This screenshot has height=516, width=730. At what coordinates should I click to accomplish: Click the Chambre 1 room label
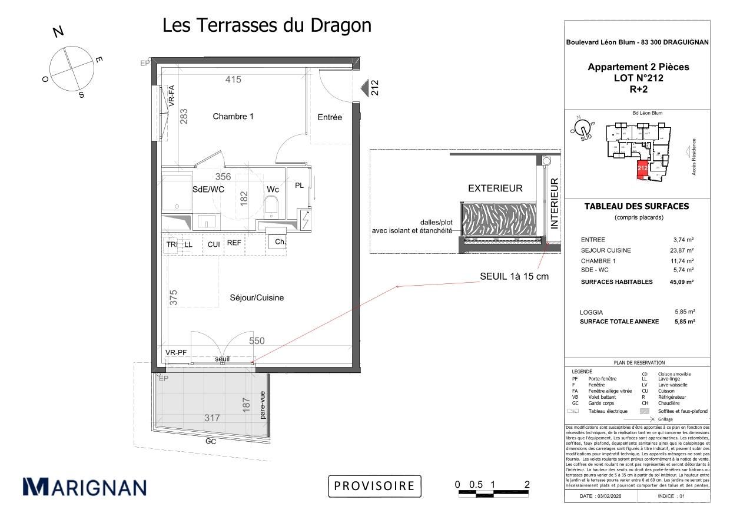(233, 117)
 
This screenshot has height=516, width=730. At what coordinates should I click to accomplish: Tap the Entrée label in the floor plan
(330, 117)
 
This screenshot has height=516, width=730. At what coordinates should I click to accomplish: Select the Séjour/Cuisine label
(257, 298)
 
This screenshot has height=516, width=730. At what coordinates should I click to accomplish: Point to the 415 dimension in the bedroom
(233, 80)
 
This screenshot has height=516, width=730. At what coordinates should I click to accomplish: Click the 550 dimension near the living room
(257, 340)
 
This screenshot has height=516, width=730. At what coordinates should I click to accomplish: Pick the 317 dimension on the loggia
(212, 418)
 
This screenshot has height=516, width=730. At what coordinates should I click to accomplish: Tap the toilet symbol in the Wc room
(271, 206)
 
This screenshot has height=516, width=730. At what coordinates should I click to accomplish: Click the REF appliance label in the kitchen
(234, 244)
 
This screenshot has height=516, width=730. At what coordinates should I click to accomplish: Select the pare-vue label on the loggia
(263, 405)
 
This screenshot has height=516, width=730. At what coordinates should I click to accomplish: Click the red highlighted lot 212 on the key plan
(642, 169)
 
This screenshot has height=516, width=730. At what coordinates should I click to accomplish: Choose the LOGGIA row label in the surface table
(591, 312)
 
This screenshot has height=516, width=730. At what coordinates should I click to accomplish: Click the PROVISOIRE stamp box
(375, 486)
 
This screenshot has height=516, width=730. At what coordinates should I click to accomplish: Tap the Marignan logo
(84, 487)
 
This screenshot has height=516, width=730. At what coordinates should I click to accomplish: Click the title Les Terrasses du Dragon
(267, 25)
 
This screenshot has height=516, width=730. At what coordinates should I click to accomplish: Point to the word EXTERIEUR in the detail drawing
(495, 188)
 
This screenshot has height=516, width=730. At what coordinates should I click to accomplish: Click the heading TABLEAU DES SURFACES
(636, 206)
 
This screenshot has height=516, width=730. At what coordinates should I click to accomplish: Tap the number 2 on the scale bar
(527, 484)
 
